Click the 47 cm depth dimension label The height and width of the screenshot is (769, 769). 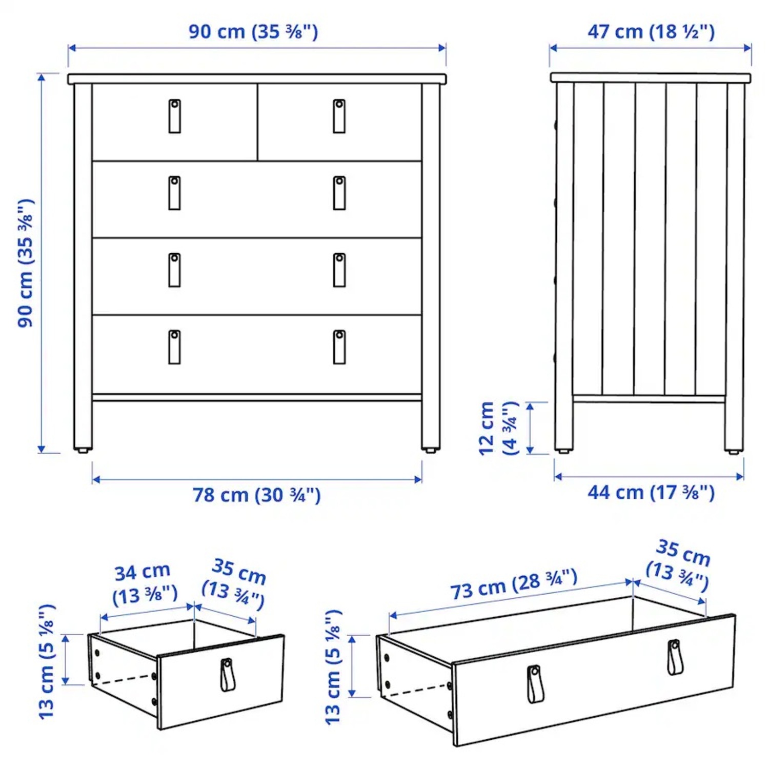pos(651,32)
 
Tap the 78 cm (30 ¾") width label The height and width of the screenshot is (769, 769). pos(256,495)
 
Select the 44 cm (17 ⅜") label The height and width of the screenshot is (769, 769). pos(651,493)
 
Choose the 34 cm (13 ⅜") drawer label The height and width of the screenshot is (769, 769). pos(144,584)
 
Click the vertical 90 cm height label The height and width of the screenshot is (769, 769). pos(26,263)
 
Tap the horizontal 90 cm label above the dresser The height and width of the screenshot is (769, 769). pos(253,32)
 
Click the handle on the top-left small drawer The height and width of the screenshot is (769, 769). pos(175,116)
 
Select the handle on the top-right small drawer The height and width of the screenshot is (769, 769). pos(339,116)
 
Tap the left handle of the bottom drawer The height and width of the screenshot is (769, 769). pos(175,347)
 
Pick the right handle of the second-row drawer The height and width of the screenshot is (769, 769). pos(339,193)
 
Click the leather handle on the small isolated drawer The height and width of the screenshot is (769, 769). pos(227,675)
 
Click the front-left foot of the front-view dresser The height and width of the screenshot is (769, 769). pos(83,450)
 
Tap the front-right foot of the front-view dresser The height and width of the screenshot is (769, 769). pos(431,450)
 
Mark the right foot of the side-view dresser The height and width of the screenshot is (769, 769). pos(734,451)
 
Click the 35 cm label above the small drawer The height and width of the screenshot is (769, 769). pos(235,584)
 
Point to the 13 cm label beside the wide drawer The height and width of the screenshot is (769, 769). pos(333,666)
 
